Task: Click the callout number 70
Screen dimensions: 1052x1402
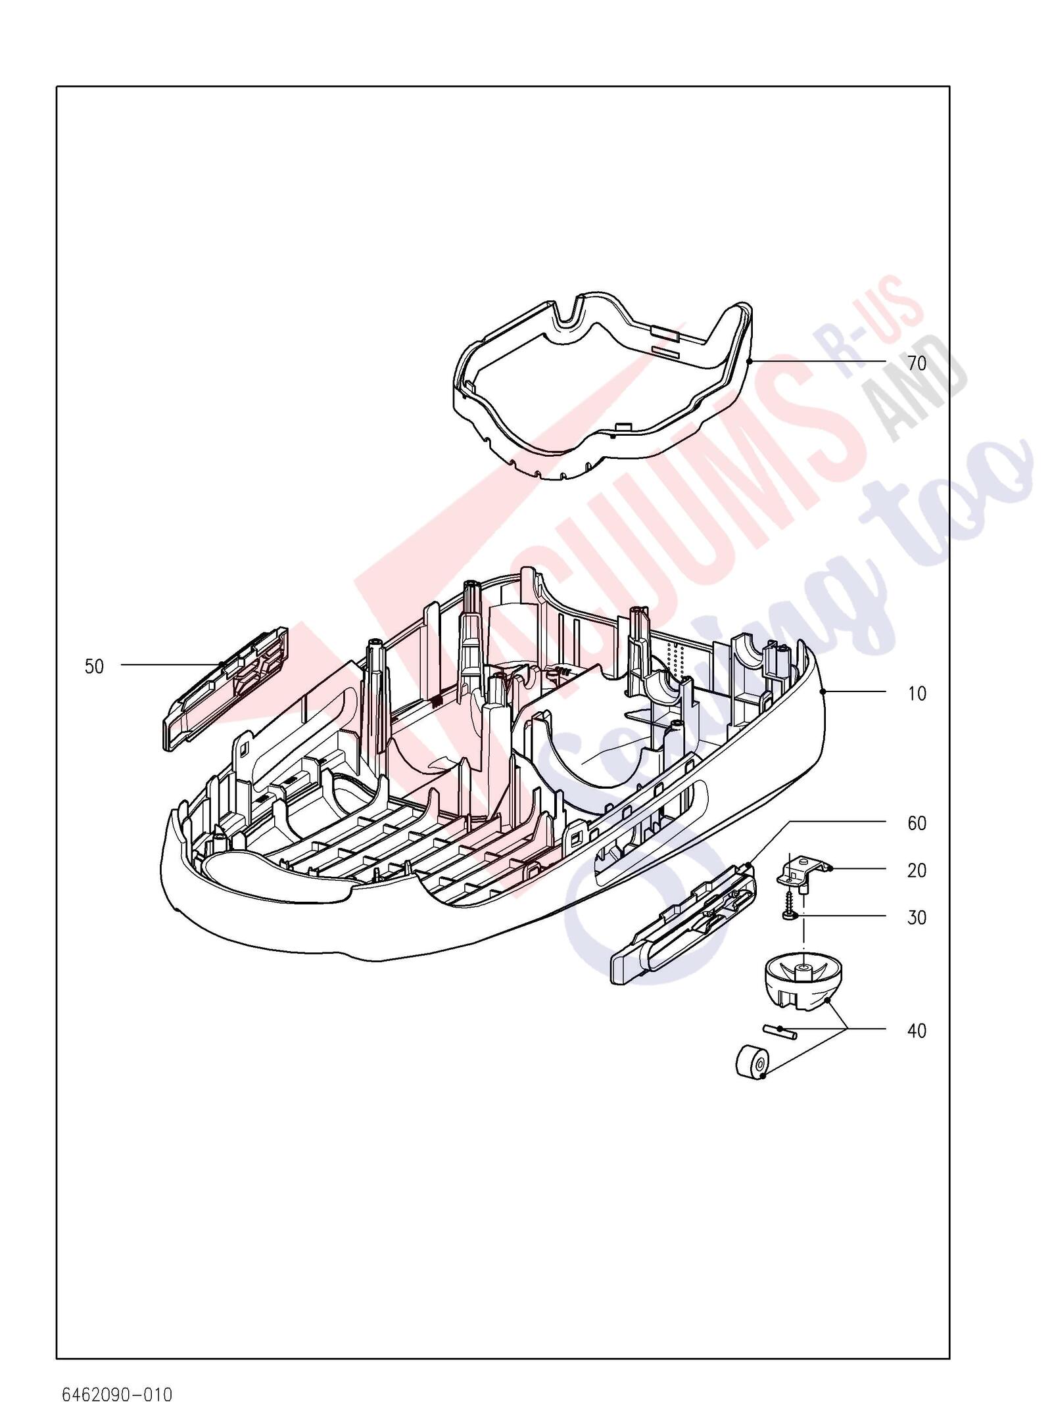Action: tap(917, 363)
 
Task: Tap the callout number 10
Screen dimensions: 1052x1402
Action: tap(917, 693)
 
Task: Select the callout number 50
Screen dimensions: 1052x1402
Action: tap(94, 666)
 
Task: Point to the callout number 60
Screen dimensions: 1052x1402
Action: tap(917, 823)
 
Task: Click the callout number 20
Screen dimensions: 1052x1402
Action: tap(917, 870)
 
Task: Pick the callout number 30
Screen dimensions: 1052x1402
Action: tap(917, 918)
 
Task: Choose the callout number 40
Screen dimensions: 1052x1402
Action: tap(917, 1031)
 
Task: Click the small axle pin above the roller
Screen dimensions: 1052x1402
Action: tap(780, 1030)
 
